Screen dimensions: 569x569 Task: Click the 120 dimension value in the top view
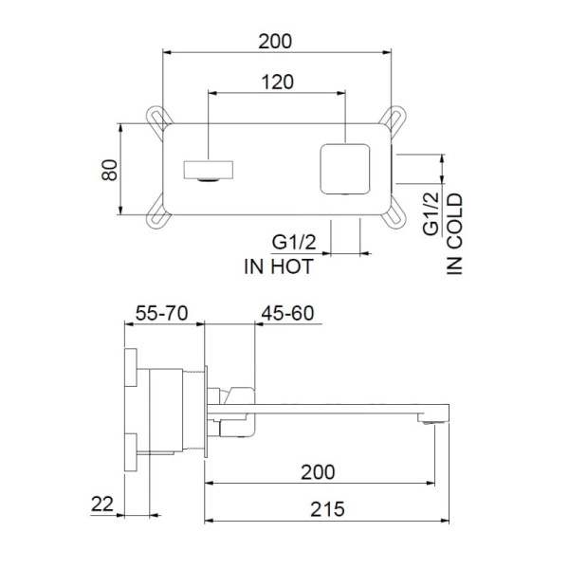(x=275, y=82)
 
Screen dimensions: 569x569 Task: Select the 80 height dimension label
(x=110, y=171)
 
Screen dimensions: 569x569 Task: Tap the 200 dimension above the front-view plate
(x=275, y=41)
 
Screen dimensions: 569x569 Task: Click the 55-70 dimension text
(x=162, y=313)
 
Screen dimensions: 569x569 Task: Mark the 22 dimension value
(x=103, y=504)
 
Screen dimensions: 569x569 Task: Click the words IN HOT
(x=278, y=266)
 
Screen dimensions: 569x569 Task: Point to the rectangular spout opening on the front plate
(x=206, y=172)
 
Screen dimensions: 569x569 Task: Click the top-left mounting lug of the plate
(x=159, y=117)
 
